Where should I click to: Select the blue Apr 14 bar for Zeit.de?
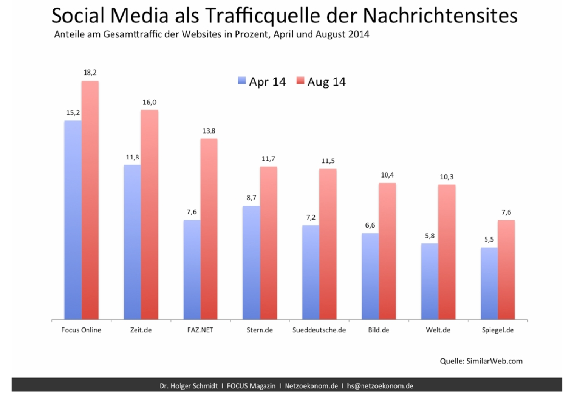132,242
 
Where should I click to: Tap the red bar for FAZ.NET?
209,229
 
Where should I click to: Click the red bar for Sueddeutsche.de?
328,244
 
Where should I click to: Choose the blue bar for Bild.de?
370,276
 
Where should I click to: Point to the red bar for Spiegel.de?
506,270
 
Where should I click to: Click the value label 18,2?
90,73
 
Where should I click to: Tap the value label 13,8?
209,131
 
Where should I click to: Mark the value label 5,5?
489,239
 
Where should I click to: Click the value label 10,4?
387,175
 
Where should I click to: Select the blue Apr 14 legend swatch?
242,81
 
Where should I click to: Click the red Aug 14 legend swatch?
300,81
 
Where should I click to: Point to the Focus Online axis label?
81,330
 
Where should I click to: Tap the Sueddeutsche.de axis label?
319,330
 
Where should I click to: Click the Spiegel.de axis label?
498,330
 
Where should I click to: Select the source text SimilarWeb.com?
494,361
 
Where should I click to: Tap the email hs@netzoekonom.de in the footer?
380,386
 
